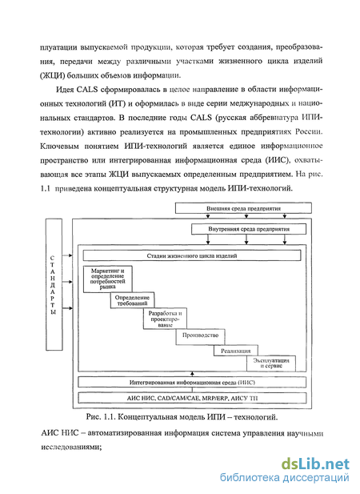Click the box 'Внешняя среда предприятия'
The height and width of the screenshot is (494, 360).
pos(243,208)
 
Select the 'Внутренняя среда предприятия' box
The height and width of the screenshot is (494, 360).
pos(249,229)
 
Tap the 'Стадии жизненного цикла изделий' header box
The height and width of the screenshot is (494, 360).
pos(192,255)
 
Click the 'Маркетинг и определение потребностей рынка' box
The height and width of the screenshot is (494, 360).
pos(108,279)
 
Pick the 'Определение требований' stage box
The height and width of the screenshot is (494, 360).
pos(132,300)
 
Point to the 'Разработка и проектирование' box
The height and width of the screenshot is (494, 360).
pos(165,319)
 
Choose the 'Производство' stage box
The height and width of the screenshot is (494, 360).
pos(201,337)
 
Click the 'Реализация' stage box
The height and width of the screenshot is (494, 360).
pos(236,351)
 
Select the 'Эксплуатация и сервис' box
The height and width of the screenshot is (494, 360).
pos(271,363)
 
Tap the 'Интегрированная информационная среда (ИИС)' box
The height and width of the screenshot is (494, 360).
pos(192,382)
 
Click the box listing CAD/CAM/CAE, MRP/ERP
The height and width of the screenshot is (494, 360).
pos(192,398)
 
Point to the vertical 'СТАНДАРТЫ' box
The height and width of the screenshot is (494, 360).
pos(54,284)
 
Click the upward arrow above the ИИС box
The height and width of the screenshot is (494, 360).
pos(192,374)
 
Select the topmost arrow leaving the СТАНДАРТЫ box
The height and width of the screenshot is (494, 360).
pos(67,255)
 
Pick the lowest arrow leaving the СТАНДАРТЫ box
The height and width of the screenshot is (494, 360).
pos(67,308)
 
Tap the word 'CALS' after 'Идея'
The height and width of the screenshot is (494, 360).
pos(87,90)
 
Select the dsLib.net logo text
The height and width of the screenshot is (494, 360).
pos(315,464)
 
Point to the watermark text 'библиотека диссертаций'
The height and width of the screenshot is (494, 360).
pos(285,478)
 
